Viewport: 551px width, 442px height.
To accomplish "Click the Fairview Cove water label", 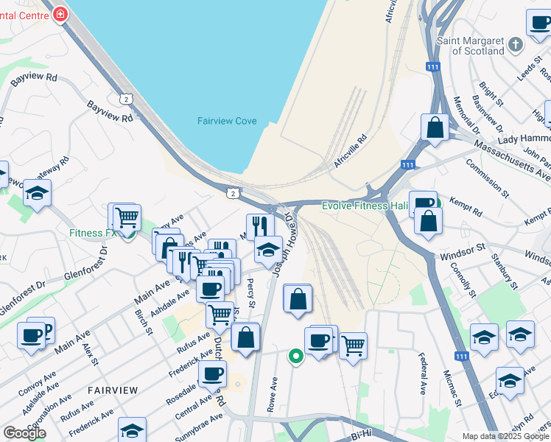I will tap(226, 121).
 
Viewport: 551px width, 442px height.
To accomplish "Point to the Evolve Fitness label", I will tap(365, 206).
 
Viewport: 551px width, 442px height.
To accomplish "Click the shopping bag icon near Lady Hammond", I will tap(435, 127).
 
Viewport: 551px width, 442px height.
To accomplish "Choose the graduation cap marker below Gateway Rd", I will tap(36, 193).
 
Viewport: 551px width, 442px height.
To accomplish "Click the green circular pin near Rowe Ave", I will tap(296, 357).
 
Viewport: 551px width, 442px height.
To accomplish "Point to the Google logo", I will tap(24, 433).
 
